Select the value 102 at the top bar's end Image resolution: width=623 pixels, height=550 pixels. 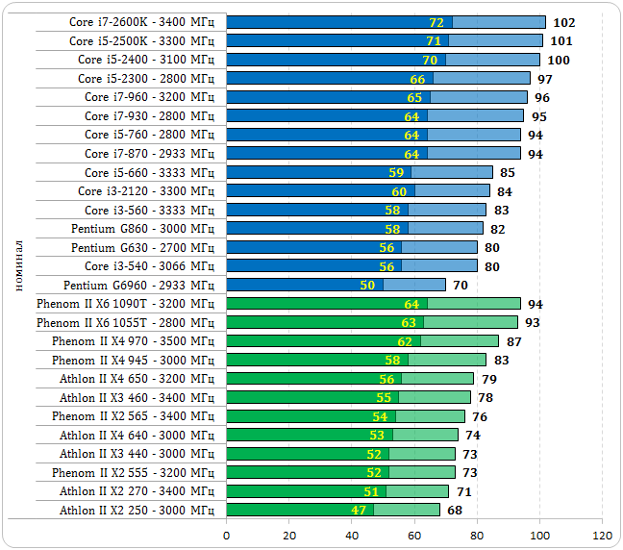(x=564, y=22)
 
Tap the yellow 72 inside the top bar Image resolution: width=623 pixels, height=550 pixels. (x=436, y=22)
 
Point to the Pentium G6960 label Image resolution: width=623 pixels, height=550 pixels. (x=138, y=285)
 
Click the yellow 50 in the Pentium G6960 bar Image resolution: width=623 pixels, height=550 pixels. (x=367, y=285)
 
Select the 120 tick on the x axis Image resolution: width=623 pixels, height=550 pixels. (x=602, y=535)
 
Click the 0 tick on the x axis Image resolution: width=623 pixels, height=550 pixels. (x=227, y=535)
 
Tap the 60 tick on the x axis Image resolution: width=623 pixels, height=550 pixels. (x=414, y=535)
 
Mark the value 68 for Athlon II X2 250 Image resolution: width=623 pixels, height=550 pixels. (x=455, y=510)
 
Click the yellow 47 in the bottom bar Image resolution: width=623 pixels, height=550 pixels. (x=358, y=510)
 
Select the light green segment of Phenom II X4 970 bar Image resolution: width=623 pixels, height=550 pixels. (x=460, y=341)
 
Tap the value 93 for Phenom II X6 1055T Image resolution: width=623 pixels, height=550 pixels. (x=532, y=322)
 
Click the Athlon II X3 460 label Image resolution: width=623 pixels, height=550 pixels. (x=137, y=397)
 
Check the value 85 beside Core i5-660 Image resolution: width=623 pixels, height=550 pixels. (x=508, y=172)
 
